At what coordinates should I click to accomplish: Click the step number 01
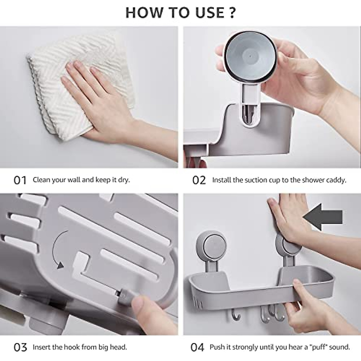[x=20, y=180]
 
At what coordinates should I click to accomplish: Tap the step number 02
[x=199, y=180]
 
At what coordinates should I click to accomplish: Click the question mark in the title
[x=232, y=13]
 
